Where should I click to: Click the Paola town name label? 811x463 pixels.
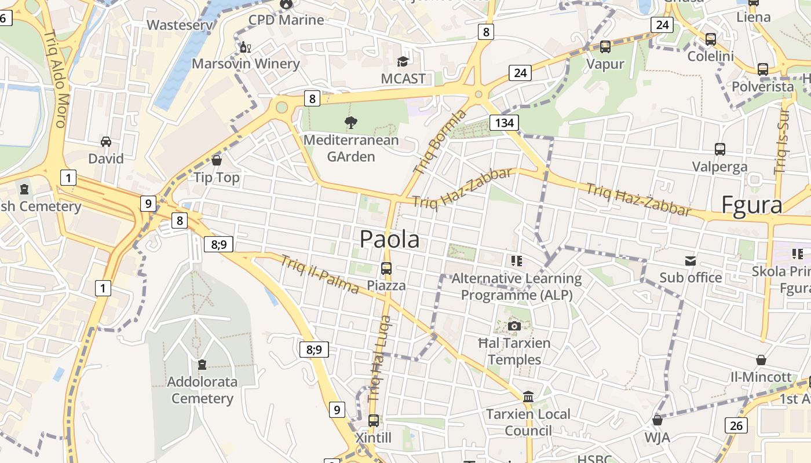(389, 239)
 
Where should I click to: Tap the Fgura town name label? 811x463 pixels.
(752, 205)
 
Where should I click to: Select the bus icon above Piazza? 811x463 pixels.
(386, 269)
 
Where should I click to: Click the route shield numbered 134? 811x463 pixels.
(504, 123)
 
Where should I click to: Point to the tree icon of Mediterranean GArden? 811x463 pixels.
(350, 122)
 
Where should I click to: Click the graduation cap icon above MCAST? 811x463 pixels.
(403, 61)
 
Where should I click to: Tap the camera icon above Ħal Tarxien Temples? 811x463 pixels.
(514, 326)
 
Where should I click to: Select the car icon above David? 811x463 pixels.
(106, 142)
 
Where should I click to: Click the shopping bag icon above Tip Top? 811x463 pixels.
(217, 160)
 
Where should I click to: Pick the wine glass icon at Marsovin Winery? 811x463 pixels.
(245, 47)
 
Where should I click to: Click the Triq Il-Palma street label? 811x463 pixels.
(319, 274)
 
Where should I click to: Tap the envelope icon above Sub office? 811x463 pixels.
(691, 261)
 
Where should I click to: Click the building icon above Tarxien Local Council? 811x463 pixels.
(528, 397)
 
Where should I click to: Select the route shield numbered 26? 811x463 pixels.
(736, 426)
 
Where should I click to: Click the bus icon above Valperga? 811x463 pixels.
(720, 149)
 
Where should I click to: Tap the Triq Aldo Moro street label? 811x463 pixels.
(56, 79)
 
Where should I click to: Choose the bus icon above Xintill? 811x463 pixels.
(374, 421)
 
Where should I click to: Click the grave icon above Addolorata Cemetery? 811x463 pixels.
(202, 365)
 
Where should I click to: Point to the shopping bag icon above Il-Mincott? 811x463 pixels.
(761, 360)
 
